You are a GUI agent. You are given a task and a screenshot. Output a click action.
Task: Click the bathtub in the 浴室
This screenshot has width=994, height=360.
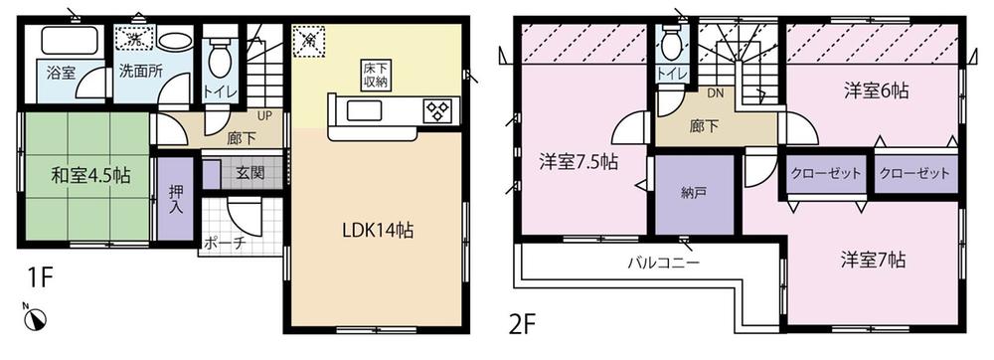point(66,42)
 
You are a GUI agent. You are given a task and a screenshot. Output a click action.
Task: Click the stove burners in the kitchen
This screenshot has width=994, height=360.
point(437,110)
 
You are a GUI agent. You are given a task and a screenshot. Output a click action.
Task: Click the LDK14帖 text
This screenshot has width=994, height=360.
point(379,229)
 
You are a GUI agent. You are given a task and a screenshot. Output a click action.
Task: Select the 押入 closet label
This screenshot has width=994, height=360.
point(176,201)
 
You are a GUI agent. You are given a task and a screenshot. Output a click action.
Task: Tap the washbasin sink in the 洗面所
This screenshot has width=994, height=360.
point(176,42)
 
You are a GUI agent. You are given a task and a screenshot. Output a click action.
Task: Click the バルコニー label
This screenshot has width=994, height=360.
point(663,264)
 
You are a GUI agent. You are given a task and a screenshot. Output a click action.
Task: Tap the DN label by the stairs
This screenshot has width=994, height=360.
point(714,94)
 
